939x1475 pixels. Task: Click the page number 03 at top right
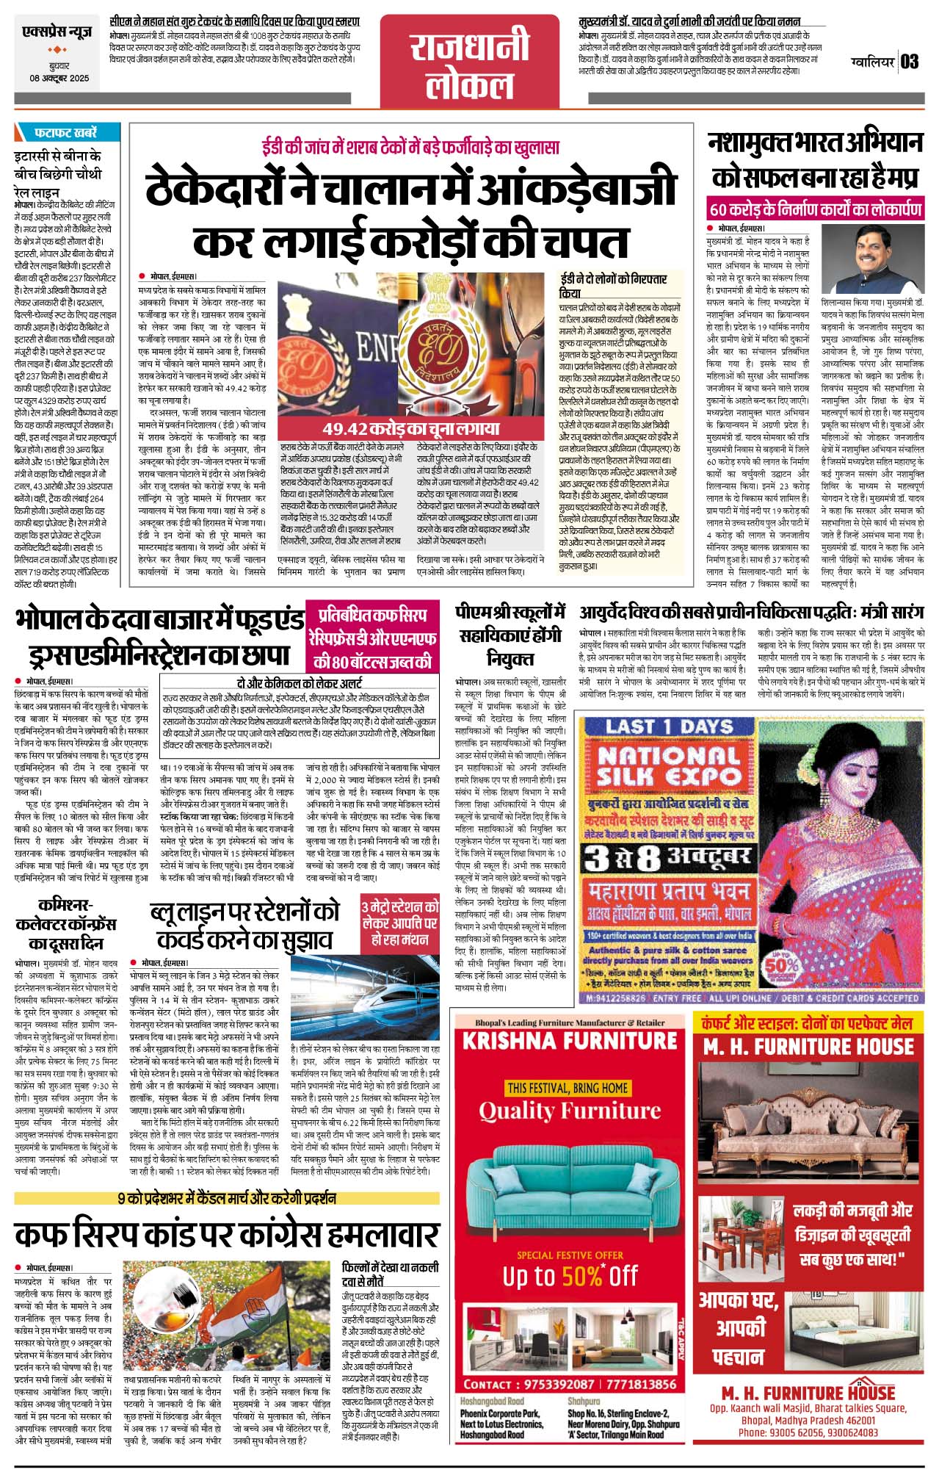(910, 61)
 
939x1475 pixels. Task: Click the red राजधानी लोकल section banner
(469, 67)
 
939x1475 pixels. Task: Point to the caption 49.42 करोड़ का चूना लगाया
(410, 428)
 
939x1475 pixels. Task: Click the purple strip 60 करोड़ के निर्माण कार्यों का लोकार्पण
(815, 209)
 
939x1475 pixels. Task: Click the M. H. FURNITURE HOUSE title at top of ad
(808, 1046)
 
